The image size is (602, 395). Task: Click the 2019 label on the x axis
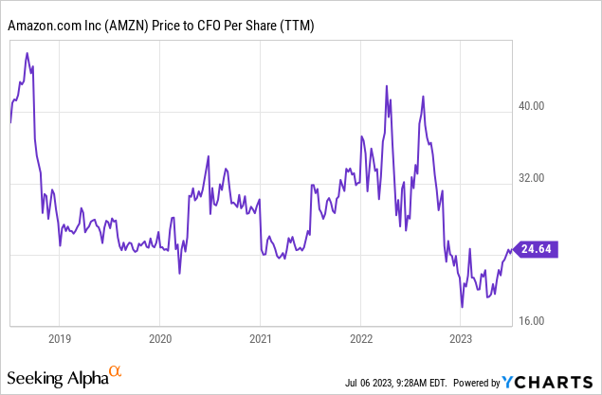(59, 338)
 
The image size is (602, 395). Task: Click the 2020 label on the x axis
(160, 338)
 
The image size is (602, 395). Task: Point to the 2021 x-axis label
(262, 338)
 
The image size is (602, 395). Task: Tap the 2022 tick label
(362, 338)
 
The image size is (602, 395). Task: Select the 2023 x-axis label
(462, 338)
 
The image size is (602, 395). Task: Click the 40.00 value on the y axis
(536, 106)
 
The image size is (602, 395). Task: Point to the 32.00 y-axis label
(536, 177)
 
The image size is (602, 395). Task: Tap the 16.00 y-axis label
(536, 320)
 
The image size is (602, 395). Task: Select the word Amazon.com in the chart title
(41, 28)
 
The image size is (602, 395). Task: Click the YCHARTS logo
(551, 382)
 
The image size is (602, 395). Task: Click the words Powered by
(476, 383)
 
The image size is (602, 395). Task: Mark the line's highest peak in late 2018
(27, 52)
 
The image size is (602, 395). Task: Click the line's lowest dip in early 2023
(462, 307)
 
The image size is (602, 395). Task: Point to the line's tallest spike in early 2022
(387, 86)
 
